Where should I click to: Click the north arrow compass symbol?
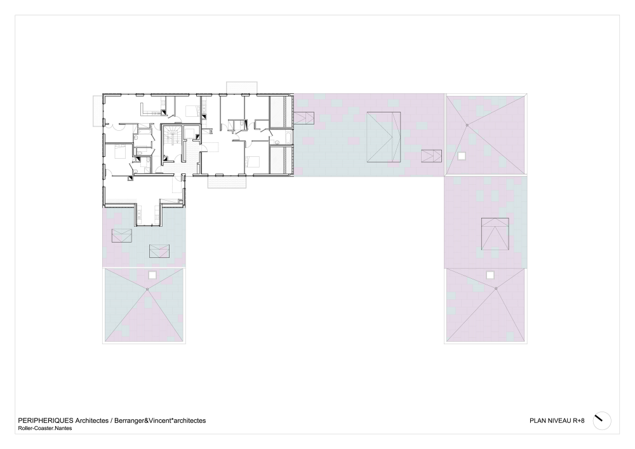(x=602, y=420)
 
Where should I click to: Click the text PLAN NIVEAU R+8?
(x=557, y=420)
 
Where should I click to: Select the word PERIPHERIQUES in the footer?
(x=45, y=420)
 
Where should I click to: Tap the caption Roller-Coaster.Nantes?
(x=45, y=428)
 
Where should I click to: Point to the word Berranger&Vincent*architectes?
(x=160, y=420)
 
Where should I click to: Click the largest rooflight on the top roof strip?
(x=384, y=137)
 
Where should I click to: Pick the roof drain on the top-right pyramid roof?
(x=467, y=125)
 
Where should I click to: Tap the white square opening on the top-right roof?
(x=461, y=156)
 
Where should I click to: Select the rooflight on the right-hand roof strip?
(x=495, y=234)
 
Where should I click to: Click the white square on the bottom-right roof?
(x=490, y=276)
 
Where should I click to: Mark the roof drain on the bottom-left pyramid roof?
(x=147, y=289)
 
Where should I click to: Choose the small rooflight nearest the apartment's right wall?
(x=304, y=118)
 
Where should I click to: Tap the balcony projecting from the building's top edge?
(x=242, y=88)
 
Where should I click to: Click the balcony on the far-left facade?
(x=97, y=111)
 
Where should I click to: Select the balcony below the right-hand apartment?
(x=227, y=182)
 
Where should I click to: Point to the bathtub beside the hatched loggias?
(x=288, y=137)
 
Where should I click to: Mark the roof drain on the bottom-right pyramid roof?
(x=496, y=288)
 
